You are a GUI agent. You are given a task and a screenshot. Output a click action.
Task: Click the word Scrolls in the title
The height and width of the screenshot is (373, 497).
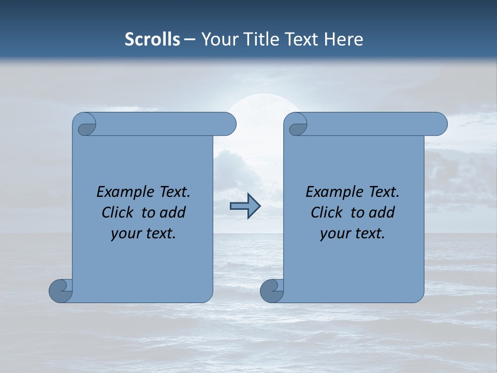point(152,39)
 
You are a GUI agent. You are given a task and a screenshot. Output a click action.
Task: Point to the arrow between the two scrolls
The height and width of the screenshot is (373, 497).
point(245,206)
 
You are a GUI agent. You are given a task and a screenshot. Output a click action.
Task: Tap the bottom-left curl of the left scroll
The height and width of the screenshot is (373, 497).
point(61,290)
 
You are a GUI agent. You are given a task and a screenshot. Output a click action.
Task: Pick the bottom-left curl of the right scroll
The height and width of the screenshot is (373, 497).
point(272,290)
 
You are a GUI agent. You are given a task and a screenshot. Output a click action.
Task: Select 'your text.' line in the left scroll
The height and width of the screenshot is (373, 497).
point(143,234)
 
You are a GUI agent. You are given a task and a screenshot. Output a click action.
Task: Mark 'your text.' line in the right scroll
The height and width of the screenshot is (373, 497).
point(353,234)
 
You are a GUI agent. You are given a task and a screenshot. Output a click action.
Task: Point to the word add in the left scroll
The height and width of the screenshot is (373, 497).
point(172,212)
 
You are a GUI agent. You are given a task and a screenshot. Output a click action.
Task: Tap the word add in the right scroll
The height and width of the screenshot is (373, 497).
point(382,212)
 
